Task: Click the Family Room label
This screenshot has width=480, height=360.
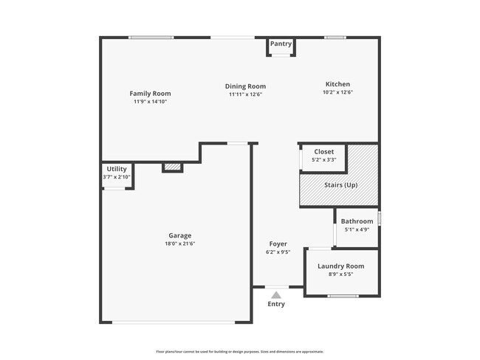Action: click(x=150, y=94)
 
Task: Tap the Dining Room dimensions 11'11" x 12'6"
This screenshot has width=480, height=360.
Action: click(x=245, y=94)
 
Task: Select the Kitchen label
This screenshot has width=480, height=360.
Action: click(x=338, y=84)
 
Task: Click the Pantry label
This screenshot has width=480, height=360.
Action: click(x=281, y=44)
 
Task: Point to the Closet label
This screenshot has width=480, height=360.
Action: click(x=323, y=152)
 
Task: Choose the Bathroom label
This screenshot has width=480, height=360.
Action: click(x=357, y=221)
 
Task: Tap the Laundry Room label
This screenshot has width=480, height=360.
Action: click(x=340, y=266)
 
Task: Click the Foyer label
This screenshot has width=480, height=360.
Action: click(x=278, y=243)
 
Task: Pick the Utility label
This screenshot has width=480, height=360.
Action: click(x=117, y=169)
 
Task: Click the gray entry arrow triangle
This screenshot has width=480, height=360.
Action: click(x=276, y=294)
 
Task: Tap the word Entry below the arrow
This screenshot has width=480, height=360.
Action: click(x=276, y=304)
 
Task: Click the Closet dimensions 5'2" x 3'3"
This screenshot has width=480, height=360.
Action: click(x=323, y=160)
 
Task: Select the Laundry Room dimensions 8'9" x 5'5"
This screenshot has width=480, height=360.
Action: click(x=340, y=274)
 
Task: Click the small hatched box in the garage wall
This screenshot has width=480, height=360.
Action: click(x=172, y=167)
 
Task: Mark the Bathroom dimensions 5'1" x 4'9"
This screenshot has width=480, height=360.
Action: click(x=357, y=229)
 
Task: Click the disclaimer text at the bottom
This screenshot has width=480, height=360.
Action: click(x=240, y=352)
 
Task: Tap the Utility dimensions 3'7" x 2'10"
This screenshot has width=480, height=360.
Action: click(x=117, y=177)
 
